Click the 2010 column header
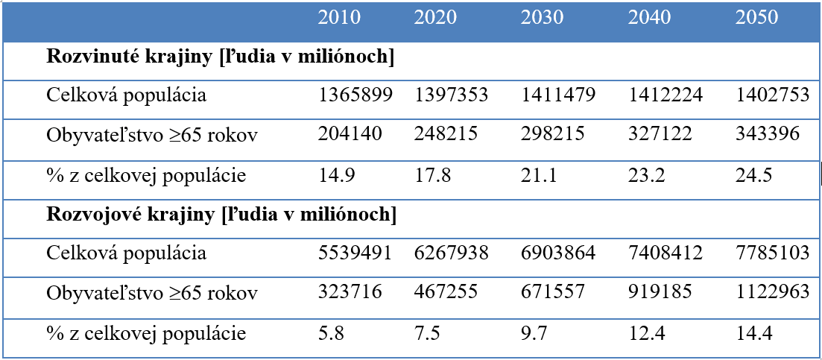pyautogui.click(x=339, y=17)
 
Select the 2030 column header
pyautogui.click(x=542, y=17)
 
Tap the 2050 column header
pyautogui.click(x=756, y=17)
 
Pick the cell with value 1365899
pyautogui.click(x=355, y=95)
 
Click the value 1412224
pyautogui.click(x=665, y=95)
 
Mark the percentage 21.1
pyautogui.click(x=539, y=174)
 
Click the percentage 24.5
pyautogui.click(x=754, y=174)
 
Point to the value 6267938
pyautogui.click(x=452, y=253)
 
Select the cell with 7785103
pyautogui.click(x=772, y=253)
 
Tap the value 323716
pyautogui.click(x=350, y=291)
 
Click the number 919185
pyautogui.click(x=660, y=291)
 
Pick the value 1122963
pyautogui.click(x=772, y=291)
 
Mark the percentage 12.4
pyautogui.click(x=647, y=332)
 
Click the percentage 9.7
pyautogui.click(x=534, y=332)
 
